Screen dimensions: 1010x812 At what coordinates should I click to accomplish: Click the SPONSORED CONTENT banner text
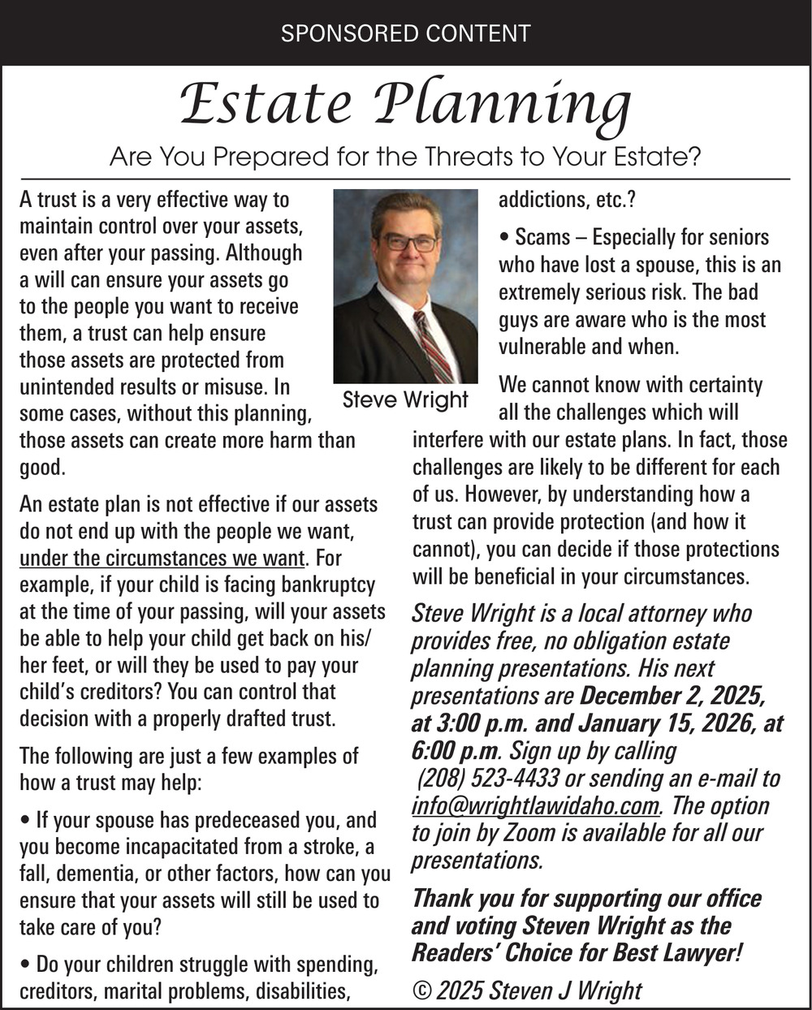(x=405, y=33)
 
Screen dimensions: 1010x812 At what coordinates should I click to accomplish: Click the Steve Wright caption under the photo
(x=405, y=399)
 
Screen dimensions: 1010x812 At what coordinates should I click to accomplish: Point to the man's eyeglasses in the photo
(x=409, y=242)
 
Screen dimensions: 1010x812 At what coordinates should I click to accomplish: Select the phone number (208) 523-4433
(x=488, y=779)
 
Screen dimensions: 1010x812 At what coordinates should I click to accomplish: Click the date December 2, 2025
(x=672, y=697)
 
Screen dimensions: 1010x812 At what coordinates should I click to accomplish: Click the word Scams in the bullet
(x=542, y=238)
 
